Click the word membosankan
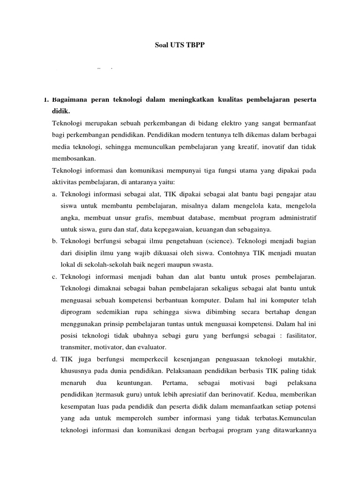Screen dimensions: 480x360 pyautogui.click(x=74, y=159)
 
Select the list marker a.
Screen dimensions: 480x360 pyautogui.click(x=55, y=194)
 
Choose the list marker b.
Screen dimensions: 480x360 pyautogui.click(x=55, y=241)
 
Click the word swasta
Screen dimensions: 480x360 pyautogui.click(x=174, y=265)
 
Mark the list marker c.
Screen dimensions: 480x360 pyautogui.click(x=55, y=277)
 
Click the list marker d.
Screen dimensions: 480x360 pyautogui.click(x=55, y=359)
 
